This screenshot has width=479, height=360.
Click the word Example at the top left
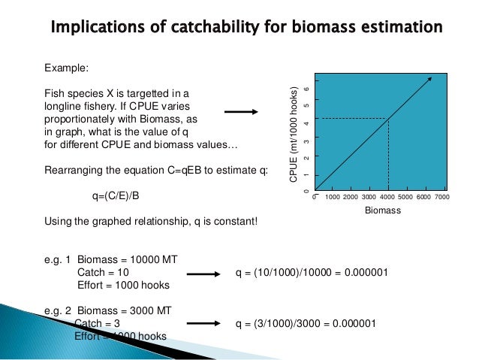67,68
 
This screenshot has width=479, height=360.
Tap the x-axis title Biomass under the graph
383,211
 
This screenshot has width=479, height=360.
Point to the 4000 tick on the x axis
388,197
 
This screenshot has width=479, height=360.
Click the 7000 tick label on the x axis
442,197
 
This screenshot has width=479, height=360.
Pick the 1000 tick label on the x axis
333,197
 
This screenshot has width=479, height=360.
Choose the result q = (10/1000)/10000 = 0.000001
312,272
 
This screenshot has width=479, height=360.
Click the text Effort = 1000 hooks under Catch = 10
124,286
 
